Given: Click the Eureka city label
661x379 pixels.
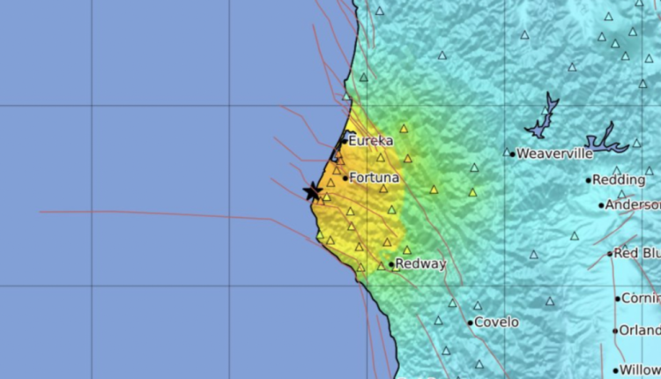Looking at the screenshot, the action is [x=370, y=141].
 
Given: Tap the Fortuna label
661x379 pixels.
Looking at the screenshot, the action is [x=375, y=178].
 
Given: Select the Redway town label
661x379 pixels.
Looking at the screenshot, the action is [x=420, y=264].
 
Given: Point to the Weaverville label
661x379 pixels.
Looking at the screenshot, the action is [x=554, y=153].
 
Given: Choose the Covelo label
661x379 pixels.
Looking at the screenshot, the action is [x=496, y=323].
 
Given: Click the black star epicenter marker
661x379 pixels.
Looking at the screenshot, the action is [x=312, y=191].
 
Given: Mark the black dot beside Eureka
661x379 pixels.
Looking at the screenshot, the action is [x=345, y=141].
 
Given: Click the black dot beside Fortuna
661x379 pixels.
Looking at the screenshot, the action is [x=345, y=178].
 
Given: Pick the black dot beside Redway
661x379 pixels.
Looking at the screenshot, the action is [x=391, y=264].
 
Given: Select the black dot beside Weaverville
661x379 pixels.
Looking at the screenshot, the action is [x=512, y=153].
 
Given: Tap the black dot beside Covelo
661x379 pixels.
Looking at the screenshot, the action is [x=471, y=323].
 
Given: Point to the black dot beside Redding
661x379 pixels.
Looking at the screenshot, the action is [x=589, y=180].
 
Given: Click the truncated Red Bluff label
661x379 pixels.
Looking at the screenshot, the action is [x=638, y=253].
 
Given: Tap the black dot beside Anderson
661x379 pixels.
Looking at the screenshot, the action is [x=602, y=206].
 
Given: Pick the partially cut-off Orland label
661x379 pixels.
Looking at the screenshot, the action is [x=641, y=331].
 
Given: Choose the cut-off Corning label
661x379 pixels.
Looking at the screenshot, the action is [x=642, y=299].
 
